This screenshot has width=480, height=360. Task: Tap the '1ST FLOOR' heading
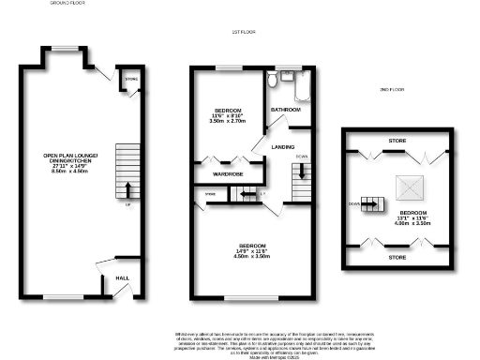243,33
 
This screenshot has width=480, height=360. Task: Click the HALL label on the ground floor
122,277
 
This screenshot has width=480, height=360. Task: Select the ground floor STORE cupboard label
129,80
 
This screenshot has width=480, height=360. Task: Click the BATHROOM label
285,110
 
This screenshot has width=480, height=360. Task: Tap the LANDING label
284,146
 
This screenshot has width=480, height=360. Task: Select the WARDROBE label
229,172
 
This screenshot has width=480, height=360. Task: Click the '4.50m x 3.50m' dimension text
250,256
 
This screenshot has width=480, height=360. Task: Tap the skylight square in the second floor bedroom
408,188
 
